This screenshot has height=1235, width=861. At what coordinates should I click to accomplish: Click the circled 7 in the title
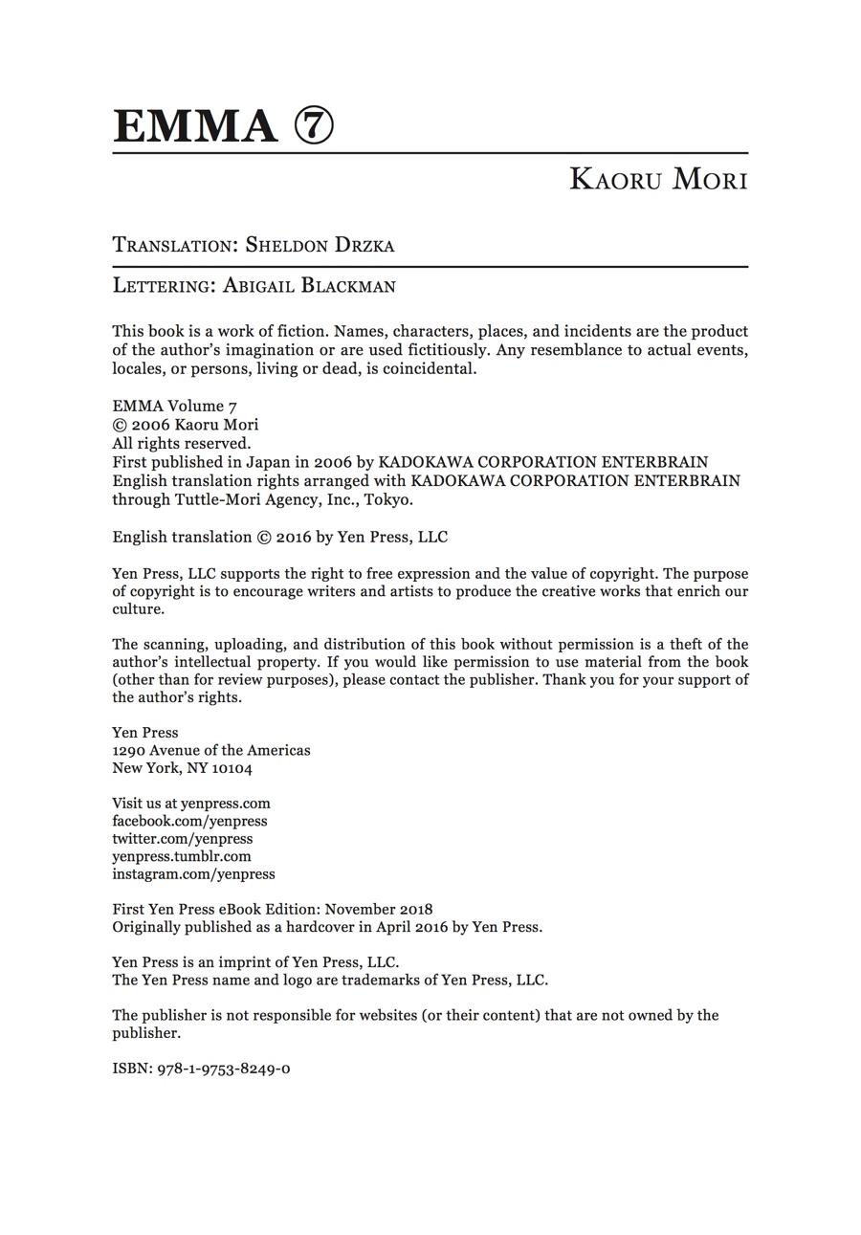click(x=314, y=126)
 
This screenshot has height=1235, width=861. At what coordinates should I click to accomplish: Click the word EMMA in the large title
click(x=195, y=126)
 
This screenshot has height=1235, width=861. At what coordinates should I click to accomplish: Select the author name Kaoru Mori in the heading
click(x=658, y=179)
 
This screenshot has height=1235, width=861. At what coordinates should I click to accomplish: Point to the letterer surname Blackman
click(x=348, y=285)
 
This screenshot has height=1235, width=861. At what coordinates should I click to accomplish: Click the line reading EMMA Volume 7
click(x=174, y=406)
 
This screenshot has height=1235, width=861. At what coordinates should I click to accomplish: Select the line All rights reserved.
click(x=182, y=443)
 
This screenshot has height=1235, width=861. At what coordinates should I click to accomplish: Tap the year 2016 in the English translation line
click(x=294, y=537)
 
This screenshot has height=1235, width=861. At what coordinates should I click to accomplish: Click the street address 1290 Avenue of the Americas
click(x=211, y=750)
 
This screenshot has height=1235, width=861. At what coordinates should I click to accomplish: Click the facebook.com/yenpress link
click(x=189, y=821)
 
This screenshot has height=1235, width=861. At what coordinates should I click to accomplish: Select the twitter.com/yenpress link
click(x=183, y=839)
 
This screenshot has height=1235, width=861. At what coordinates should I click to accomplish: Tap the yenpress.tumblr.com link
click(x=182, y=856)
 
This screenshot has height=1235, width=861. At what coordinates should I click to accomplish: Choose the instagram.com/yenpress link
click(x=193, y=873)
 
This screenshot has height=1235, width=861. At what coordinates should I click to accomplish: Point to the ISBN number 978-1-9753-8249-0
click(x=224, y=1069)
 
